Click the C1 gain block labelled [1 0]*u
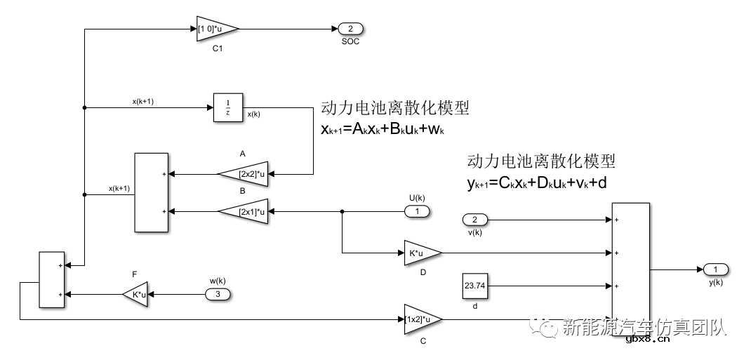click(x=216, y=29)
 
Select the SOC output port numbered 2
click(x=350, y=29)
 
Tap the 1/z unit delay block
click(x=227, y=107)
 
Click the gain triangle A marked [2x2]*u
click(x=245, y=173)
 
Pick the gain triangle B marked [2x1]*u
click(x=245, y=211)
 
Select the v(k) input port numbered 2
click(x=474, y=220)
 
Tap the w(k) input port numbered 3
click(x=218, y=294)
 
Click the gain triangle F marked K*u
click(x=136, y=294)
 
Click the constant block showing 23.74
click(x=475, y=286)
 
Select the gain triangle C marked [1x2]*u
click(x=421, y=319)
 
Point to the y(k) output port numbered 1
click(x=715, y=269)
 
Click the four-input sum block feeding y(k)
click(x=630, y=270)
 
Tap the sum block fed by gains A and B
click(x=151, y=192)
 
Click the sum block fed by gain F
click(x=52, y=279)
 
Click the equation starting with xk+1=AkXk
click(x=384, y=130)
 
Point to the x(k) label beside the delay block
click(x=254, y=114)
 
